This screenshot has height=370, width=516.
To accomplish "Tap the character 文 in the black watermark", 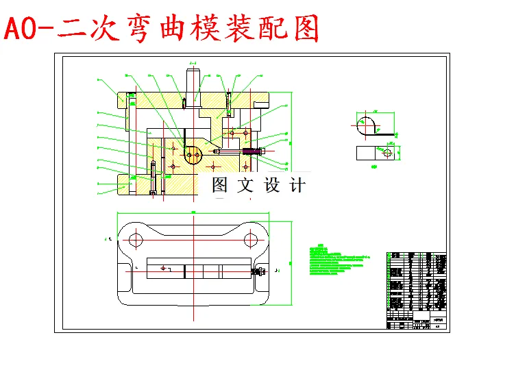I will tap(245, 185).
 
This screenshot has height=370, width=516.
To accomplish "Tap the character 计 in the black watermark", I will tap(297, 185).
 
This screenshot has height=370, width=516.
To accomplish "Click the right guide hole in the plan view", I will tap(252, 240).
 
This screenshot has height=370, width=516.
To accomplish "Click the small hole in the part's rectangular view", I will tap(387, 152).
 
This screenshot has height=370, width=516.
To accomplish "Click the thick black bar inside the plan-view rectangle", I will tap(185, 271).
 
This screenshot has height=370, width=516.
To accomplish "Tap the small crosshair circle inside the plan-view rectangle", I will tap(162, 268).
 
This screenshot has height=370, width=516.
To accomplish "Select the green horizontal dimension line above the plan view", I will tap(194, 214).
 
